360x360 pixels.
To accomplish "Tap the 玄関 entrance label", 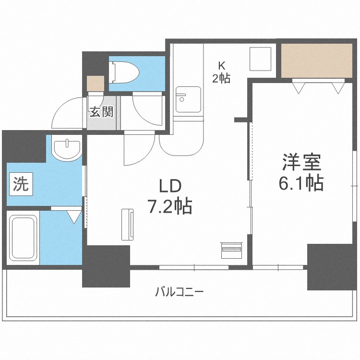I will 101,113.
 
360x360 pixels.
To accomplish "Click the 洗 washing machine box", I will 20,184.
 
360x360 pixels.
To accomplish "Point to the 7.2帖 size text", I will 169,207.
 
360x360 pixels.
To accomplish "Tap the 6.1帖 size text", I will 301,183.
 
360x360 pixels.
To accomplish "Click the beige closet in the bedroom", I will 317,60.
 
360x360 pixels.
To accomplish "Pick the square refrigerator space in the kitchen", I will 261,60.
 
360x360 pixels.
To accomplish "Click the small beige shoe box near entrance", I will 96,84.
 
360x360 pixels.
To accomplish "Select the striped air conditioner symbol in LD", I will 232,249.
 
